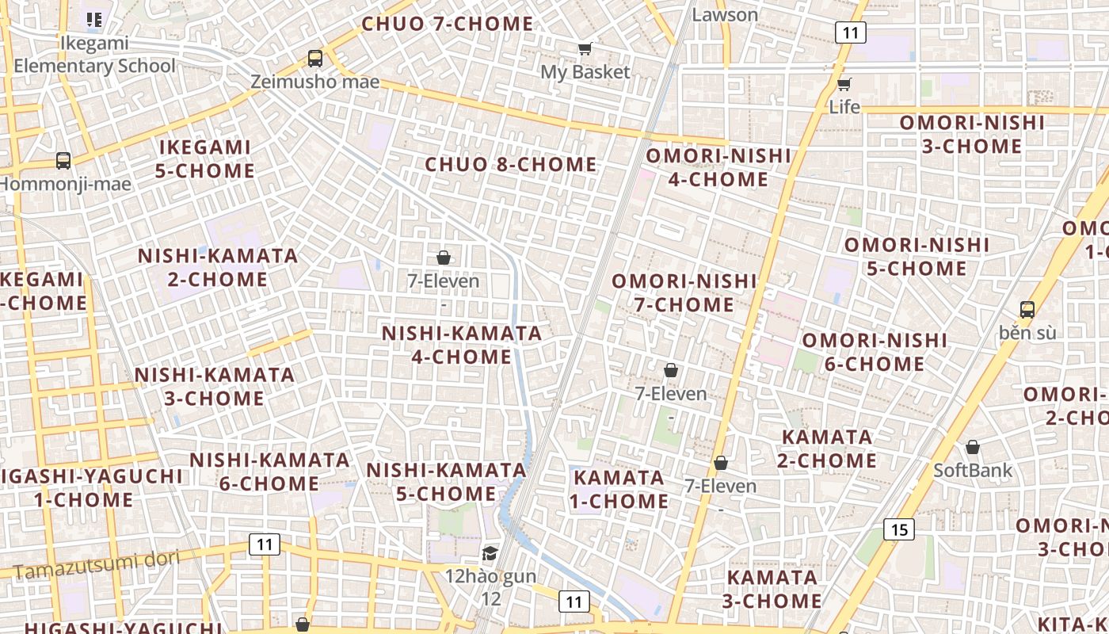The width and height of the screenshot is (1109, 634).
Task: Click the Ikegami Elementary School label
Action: (x=94, y=55)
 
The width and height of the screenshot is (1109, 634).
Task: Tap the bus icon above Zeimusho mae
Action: (x=315, y=58)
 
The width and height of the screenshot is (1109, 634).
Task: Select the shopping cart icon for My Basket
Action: (x=585, y=49)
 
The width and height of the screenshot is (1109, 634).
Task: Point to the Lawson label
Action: (x=725, y=14)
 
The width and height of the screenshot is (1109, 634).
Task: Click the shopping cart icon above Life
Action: (x=844, y=84)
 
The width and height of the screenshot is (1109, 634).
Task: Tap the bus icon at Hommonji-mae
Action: (x=63, y=161)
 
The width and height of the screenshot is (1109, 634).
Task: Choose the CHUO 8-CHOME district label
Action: (x=511, y=165)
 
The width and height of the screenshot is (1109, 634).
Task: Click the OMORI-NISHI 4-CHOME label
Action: (x=718, y=167)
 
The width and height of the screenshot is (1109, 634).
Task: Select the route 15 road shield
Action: (x=899, y=529)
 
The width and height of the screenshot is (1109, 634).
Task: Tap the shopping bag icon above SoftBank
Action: (x=973, y=447)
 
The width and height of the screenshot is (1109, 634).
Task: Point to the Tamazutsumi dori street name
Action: (x=97, y=563)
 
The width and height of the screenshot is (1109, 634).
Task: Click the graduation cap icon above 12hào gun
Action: (x=490, y=553)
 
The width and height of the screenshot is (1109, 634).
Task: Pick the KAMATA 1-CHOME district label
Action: (x=620, y=489)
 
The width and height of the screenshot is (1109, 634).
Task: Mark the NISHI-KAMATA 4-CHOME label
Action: (x=462, y=345)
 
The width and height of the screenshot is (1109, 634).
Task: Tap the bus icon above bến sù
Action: (x=1027, y=309)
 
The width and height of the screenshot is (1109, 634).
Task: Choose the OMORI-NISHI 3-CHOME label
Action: (x=972, y=134)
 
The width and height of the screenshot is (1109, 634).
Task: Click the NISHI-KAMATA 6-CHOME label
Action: (x=269, y=472)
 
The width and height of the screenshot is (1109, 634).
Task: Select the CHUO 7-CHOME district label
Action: (x=448, y=24)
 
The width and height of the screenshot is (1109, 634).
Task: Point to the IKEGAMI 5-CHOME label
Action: (x=206, y=158)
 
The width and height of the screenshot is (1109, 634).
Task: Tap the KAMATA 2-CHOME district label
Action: (x=828, y=449)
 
